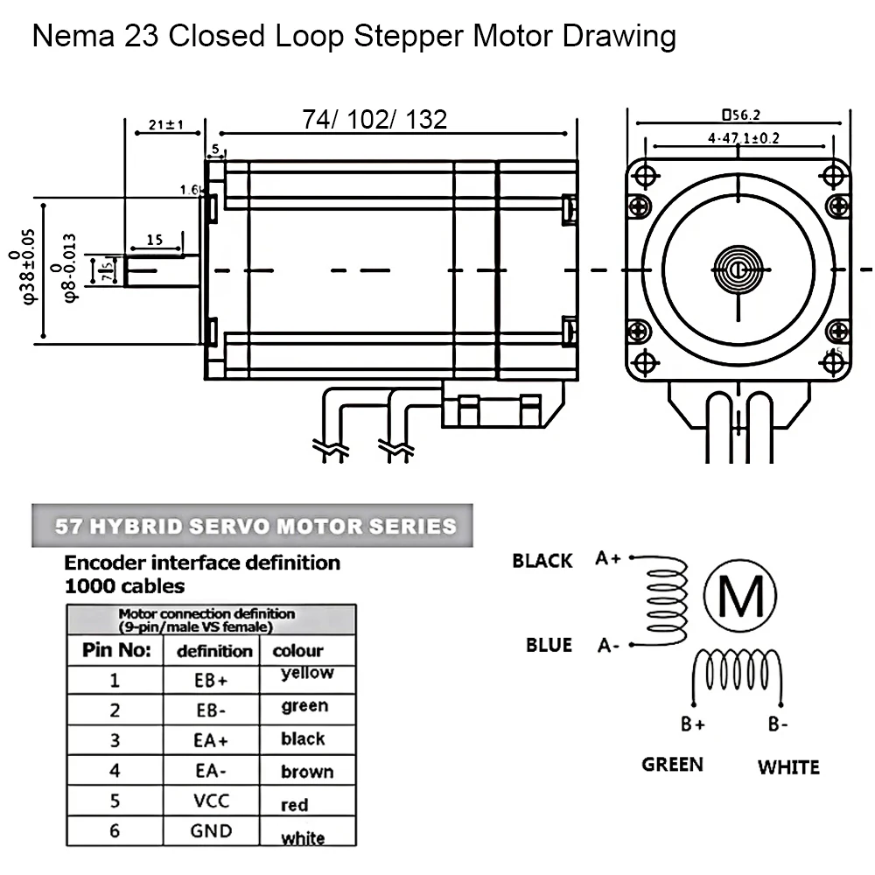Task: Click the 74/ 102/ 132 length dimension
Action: pos(374,119)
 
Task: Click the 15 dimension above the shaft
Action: pos(154,239)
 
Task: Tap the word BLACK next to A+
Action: pos(542,561)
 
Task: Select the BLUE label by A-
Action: pos(549,645)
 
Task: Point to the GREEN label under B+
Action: pos(672,764)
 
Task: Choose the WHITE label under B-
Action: pos(788,767)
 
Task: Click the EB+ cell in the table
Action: pos(211,680)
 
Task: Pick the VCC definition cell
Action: pos(211,799)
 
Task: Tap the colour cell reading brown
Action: pos(307,772)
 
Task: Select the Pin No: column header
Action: pos(116,650)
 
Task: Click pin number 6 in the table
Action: pos(115,830)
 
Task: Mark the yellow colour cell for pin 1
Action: pos(307,674)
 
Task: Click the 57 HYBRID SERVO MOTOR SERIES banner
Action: pos(255,527)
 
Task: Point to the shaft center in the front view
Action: pos(738,269)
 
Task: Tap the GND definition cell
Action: pos(211,830)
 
